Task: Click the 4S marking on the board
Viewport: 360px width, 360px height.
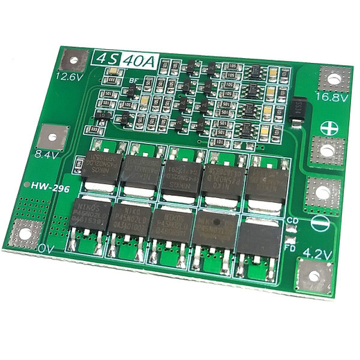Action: pyautogui.click(x=105, y=59)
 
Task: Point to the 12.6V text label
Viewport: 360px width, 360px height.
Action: pyautogui.click(x=69, y=77)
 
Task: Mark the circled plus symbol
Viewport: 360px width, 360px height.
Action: pyautogui.click(x=328, y=127)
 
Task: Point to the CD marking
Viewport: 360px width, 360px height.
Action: pyautogui.click(x=293, y=221)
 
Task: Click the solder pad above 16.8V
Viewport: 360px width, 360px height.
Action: pyautogui.click(x=332, y=78)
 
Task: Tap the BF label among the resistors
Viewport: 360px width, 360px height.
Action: pyautogui.click(x=133, y=81)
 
